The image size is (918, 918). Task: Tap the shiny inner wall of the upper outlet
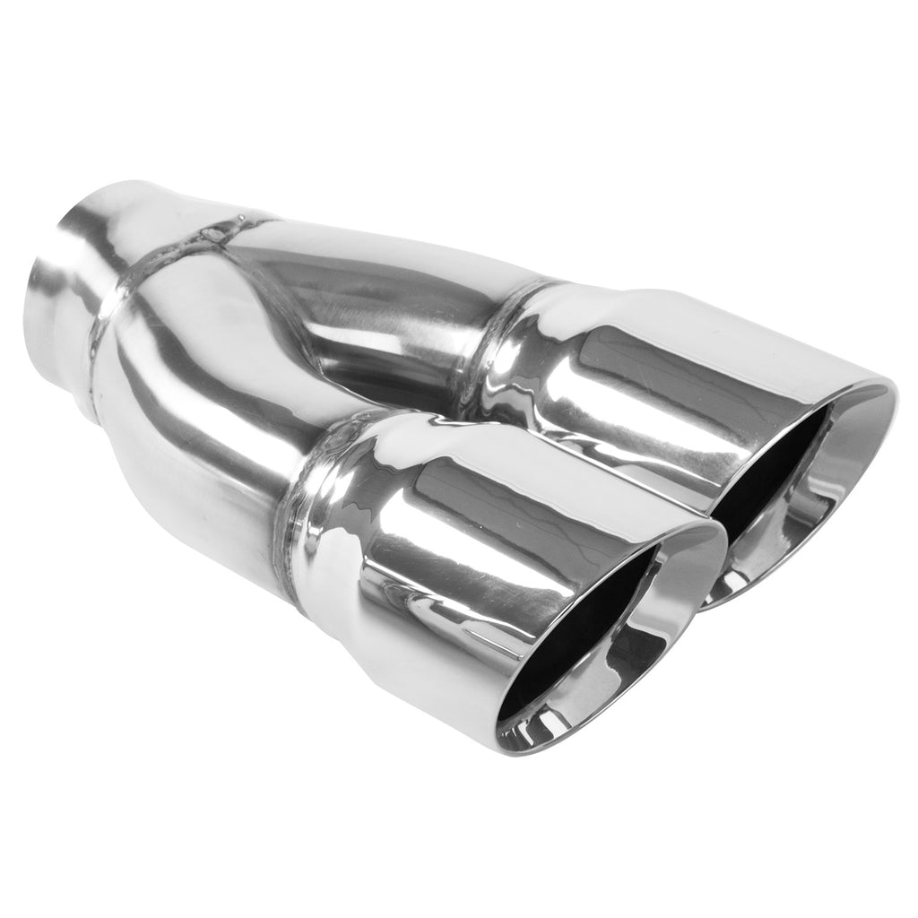834,484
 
